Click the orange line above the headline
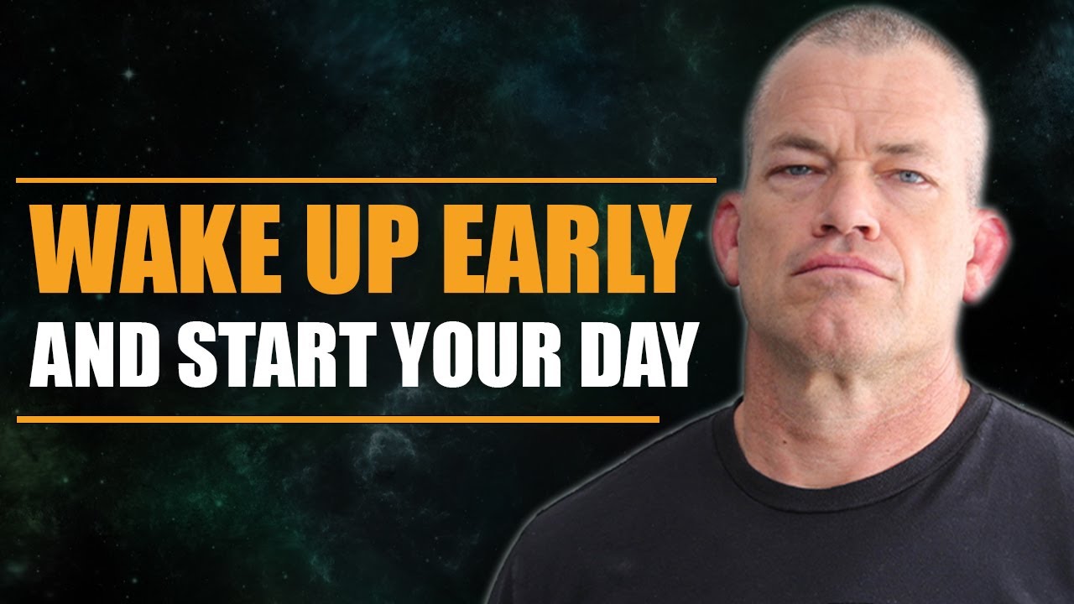[366, 180]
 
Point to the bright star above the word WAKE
[128, 74]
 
